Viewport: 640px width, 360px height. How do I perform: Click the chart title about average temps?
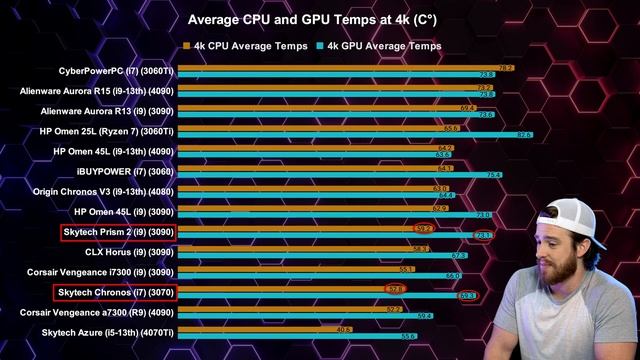[319, 20]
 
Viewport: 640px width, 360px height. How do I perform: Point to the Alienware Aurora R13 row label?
[107, 111]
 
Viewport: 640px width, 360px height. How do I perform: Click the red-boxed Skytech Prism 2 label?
[117, 232]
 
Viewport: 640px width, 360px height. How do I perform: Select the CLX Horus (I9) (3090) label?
[129, 252]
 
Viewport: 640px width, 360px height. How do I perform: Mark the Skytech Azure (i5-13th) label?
[107, 332]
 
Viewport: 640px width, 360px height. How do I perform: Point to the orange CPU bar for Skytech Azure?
[260, 328]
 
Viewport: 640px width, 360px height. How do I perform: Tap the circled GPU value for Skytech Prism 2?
[482, 235]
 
